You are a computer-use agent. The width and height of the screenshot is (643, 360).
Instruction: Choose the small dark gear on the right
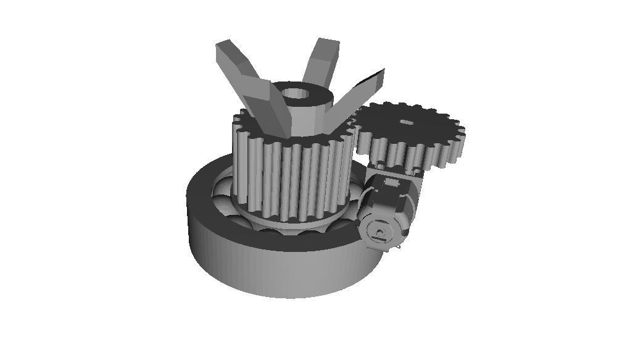click(x=410, y=136)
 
